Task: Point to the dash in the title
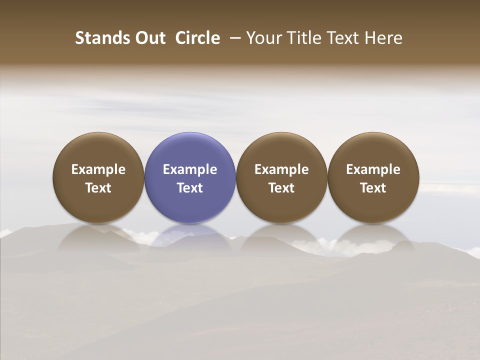point(233,38)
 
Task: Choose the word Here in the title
point(383,38)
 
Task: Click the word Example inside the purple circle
point(190,169)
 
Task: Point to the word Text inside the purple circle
point(190,188)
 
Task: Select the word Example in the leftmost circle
point(98,169)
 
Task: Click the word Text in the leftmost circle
point(98,188)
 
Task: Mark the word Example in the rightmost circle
point(373,169)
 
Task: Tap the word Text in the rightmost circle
point(373,188)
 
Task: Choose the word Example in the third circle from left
point(281,169)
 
